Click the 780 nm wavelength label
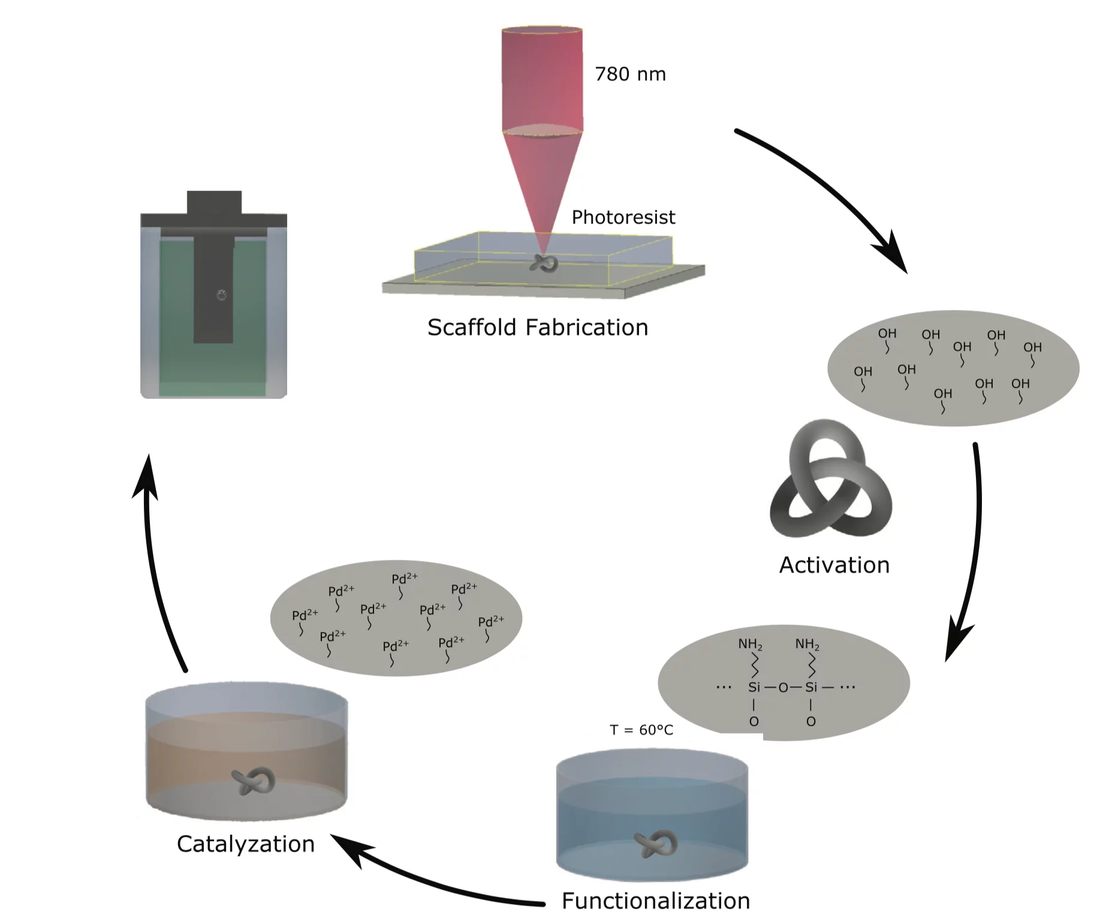629,74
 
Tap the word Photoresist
623,217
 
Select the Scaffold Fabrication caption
537,327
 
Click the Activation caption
834,565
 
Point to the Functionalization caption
655,900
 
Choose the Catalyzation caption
245,843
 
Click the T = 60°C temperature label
641,730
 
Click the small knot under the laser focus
543,264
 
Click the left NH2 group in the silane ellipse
750,644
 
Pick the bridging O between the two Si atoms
783,688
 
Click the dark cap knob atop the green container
214,202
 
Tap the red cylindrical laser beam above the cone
541,78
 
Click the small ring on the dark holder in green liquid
221,294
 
